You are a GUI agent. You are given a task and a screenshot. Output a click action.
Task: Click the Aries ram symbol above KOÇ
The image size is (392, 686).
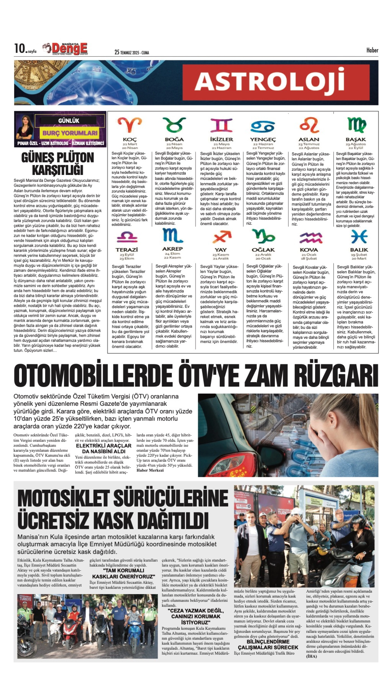tap(130, 125)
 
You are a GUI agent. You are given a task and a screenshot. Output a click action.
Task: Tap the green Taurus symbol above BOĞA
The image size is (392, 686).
tap(174, 125)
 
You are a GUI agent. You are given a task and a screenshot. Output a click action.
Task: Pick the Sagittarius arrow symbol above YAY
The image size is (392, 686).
tap(221, 237)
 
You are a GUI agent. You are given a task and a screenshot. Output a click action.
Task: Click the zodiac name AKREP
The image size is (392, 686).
tap(172, 249)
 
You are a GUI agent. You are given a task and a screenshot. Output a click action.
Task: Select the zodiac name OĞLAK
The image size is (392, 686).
tap(263, 250)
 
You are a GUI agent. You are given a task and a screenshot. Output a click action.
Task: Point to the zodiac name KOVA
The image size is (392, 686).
tap(309, 250)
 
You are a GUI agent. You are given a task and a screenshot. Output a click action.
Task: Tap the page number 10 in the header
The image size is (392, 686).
tap(19, 48)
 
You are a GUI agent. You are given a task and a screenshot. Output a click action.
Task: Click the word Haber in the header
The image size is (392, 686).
tap(372, 50)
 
